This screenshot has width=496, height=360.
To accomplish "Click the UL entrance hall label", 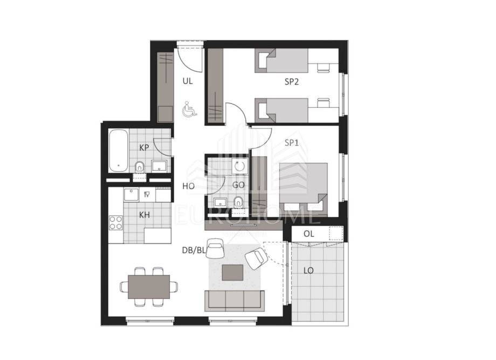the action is point(188,81).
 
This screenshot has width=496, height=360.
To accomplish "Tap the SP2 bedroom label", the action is point(292,82).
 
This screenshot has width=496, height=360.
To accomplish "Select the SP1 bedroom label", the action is point(291,143).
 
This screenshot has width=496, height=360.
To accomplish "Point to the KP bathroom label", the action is point(144,148).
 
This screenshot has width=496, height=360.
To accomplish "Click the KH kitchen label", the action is point(144,215).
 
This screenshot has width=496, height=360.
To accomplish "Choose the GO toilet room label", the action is point(238,185).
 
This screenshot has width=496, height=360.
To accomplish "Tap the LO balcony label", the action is point(308,271).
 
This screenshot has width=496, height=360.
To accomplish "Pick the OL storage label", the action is point(309,234).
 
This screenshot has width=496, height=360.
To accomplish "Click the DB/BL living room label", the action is point(194,251).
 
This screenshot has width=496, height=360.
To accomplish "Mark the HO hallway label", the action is point(188,186).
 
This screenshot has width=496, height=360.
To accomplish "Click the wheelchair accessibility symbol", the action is point(189,109).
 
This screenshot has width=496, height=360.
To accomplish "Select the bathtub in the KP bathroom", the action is point(118,150).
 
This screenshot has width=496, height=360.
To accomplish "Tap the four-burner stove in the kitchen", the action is point(116,223).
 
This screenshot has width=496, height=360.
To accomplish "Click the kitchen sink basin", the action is point(131,195).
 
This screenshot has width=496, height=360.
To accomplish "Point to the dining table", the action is point(149,287).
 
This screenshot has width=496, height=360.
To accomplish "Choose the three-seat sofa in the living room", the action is point(235,300).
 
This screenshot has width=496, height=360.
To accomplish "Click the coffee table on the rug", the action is point(232,273).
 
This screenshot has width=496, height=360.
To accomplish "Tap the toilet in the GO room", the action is point(238,202).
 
